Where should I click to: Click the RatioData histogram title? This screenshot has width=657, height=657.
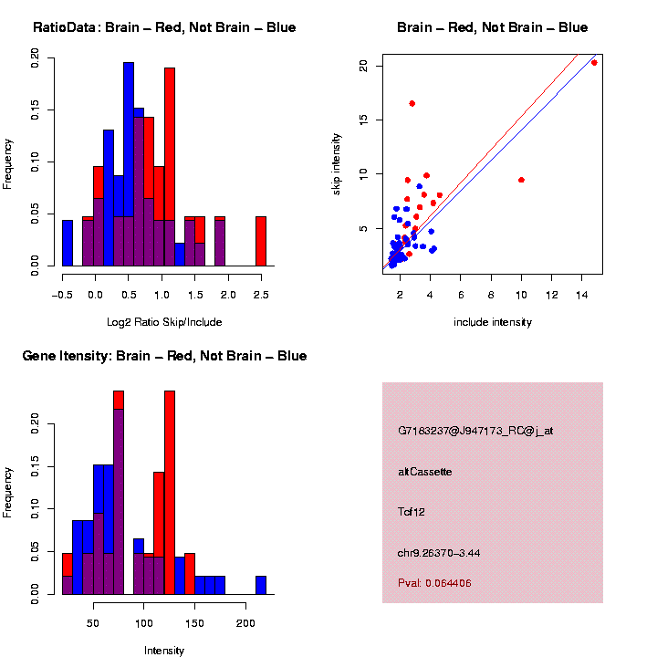pos(164,27)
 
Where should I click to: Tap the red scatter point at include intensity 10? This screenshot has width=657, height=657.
pos(521,180)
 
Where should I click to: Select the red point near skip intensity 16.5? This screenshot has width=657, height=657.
pos(412,104)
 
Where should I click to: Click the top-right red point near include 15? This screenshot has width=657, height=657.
pos(594,63)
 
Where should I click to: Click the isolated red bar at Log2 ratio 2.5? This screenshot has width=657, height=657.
pos(261,241)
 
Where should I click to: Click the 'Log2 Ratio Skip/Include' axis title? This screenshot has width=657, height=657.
pos(164,322)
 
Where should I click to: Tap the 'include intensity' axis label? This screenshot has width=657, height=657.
pos(493,322)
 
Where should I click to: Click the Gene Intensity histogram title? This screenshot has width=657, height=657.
pos(164,356)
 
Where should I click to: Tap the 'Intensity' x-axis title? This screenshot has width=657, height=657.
pos(164,651)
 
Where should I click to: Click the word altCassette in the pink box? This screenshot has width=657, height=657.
pos(425,472)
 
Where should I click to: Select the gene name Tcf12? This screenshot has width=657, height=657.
pos(412,512)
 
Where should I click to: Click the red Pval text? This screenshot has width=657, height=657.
pos(434,583)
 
